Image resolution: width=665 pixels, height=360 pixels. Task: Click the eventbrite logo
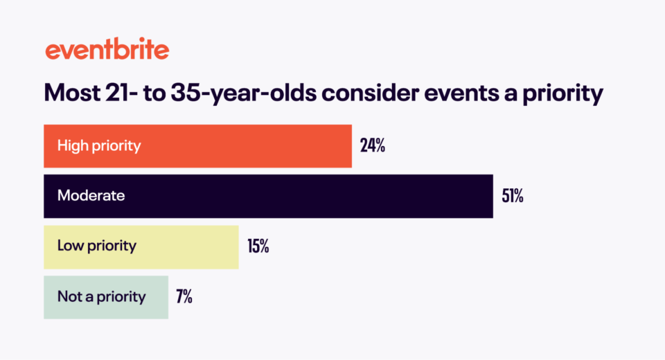[107, 51]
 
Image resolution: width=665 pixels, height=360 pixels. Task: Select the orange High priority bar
[197, 146]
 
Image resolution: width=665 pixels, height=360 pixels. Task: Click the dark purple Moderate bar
[268, 196]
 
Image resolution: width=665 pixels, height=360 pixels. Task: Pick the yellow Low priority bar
[141, 246]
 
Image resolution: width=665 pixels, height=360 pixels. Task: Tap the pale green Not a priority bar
[105, 297]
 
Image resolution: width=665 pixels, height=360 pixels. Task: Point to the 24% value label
[372, 146]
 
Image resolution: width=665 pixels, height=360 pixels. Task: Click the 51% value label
[513, 196]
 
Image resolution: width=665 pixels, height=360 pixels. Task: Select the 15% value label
[258, 246]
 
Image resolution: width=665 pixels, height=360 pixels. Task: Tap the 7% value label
[184, 297]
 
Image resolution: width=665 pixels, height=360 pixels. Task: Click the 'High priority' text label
[99, 146]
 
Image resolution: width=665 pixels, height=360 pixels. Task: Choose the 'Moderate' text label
[91, 196]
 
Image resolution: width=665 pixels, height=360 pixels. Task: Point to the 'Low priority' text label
[97, 246]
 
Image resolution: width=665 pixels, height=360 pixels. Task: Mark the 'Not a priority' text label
[102, 297]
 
